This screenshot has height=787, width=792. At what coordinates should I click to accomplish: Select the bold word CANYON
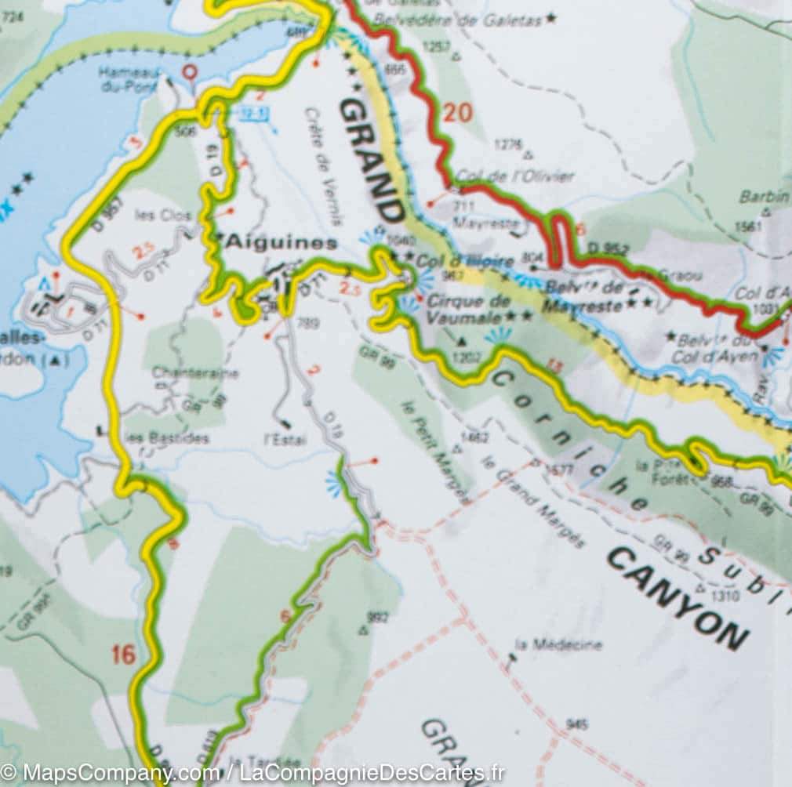[x=676, y=598]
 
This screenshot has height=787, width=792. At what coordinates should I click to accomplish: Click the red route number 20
[x=457, y=113]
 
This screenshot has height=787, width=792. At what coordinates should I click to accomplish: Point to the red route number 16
[x=123, y=655]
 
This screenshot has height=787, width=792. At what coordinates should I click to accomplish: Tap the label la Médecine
[x=559, y=644]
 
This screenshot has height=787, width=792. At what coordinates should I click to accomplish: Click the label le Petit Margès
[x=436, y=452]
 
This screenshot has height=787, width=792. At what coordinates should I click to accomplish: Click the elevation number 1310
[x=727, y=595]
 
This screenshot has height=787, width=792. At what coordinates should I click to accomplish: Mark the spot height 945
[x=576, y=724]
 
